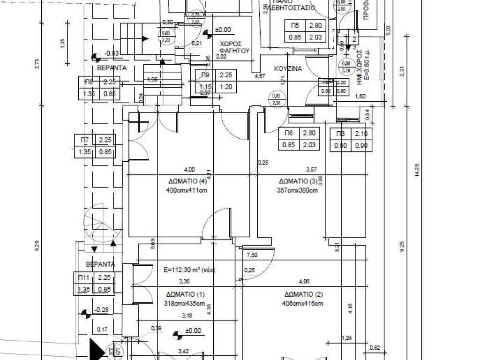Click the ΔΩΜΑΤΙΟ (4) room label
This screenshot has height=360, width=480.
[187, 181]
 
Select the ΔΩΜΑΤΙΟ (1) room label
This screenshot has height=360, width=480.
[186, 294]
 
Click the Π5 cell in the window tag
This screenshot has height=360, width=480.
[295, 26]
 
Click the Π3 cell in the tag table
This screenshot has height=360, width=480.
[340, 134]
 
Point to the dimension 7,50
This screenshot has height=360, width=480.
[252, 255]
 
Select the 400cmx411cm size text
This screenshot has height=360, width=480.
[187, 190]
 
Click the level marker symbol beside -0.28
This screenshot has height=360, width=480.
[85, 313]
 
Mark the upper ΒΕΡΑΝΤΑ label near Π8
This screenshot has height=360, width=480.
[112, 68]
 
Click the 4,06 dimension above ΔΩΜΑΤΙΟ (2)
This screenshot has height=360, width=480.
[305, 282]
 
